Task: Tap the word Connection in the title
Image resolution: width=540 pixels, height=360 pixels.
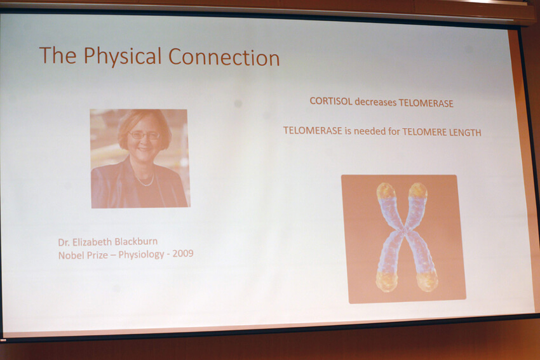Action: coord(224,57)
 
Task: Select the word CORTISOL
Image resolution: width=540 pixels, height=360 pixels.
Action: coord(331,101)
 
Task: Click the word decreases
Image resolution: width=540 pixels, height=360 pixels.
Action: coord(375,102)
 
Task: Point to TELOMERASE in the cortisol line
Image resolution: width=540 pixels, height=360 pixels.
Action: coord(426,103)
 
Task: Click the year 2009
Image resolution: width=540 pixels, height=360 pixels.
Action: coord(183,254)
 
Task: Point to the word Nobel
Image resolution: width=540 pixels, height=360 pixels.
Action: coord(69,255)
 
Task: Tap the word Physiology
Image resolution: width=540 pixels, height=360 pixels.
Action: coord(141,255)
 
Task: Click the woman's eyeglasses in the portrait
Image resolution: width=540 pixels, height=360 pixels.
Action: coord(145,135)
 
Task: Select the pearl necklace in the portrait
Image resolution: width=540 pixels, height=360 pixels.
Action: coord(144,180)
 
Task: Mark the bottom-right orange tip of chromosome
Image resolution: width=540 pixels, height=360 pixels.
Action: coord(428,281)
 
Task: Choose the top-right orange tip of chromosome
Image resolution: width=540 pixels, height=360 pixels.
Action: coord(417,191)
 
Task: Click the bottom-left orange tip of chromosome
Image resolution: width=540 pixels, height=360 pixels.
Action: coord(387,281)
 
